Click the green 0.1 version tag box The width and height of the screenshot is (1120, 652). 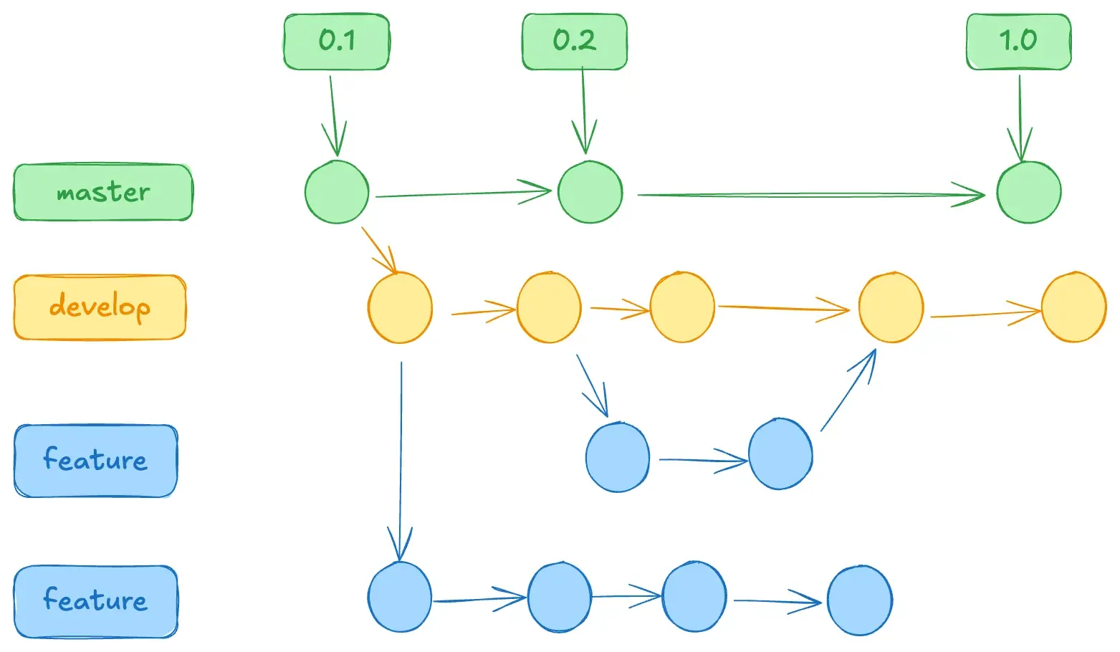(x=336, y=42)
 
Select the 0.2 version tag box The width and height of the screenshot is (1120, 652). (x=574, y=42)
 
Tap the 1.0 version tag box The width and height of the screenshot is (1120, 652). (x=1018, y=42)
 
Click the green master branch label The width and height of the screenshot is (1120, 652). (x=103, y=192)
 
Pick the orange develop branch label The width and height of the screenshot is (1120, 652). (x=100, y=307)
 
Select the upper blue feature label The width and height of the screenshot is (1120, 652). (x=95, y=460)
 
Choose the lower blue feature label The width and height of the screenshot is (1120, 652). (x=95, y=600)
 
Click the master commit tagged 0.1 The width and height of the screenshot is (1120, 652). (x=337, y=192)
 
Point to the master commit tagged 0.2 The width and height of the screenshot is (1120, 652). (x=590, y=192)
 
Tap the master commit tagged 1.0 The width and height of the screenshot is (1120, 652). (x=1028, y=192)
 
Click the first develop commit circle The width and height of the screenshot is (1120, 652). (x=400, y=307)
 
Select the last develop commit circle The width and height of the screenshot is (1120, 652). (x=1073, y=307)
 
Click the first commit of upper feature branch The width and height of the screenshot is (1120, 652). (x=617, y=457)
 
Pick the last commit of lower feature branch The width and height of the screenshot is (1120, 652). (x=859, y=600)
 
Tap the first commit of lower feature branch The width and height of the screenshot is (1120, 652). (x=400, y=597)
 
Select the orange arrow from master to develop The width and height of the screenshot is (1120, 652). (x=379, y=249)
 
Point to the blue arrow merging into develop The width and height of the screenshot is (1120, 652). (x=848, y=390)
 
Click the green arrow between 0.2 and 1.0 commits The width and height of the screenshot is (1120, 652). (x=810, y=194)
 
